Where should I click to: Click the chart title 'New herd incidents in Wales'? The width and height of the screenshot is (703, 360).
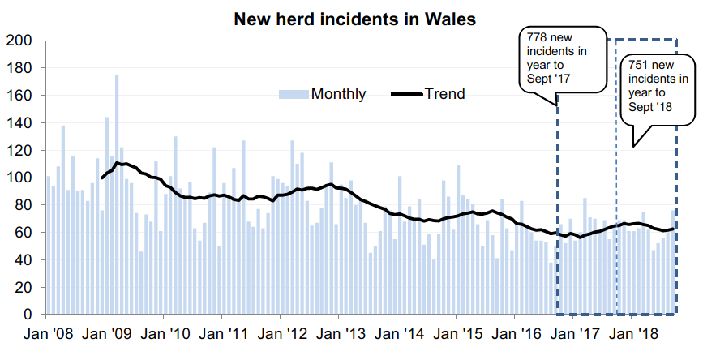(x=354, y=17)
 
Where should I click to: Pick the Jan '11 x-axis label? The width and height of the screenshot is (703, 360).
(x=222, y=333)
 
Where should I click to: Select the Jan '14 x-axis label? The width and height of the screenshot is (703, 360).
(x=398, y=333)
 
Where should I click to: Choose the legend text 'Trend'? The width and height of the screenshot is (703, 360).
(x=444, y=94)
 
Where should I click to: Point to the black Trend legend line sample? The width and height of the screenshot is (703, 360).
(x=405, y=94)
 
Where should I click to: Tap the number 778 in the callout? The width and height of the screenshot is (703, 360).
(x=537, y=38)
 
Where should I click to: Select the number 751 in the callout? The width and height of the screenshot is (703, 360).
(x=632, y=66)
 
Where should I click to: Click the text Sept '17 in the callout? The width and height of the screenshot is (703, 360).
(x=549, y=79)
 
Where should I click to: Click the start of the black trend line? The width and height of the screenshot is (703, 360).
(x=102, y=178)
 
